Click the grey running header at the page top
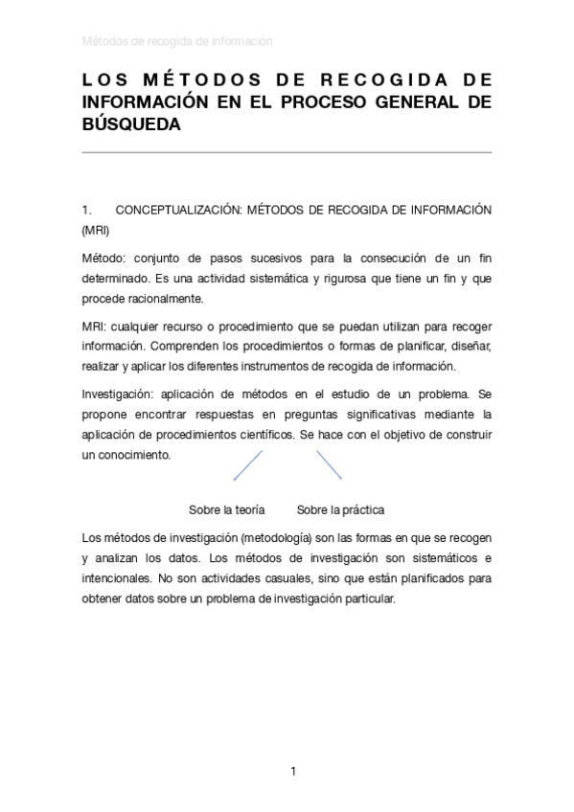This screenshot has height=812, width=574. tap(177, 41)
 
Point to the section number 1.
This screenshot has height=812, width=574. tap(86, 210)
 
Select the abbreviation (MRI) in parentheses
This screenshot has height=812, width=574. tap(95, 231)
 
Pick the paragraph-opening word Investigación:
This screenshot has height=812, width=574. tap(117, 395)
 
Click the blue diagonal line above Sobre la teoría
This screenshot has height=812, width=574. tap(248, 465)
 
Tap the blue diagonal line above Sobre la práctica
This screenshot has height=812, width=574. tap(330, 464)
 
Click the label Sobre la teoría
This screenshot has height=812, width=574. tap(226, 509)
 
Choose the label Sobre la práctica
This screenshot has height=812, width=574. tap(340, 509)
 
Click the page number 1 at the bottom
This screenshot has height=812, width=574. tap(294, 771)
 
